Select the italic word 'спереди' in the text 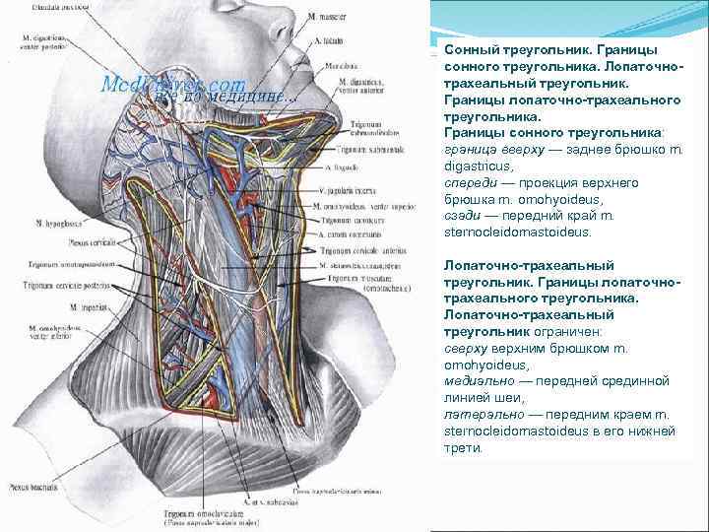469,183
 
